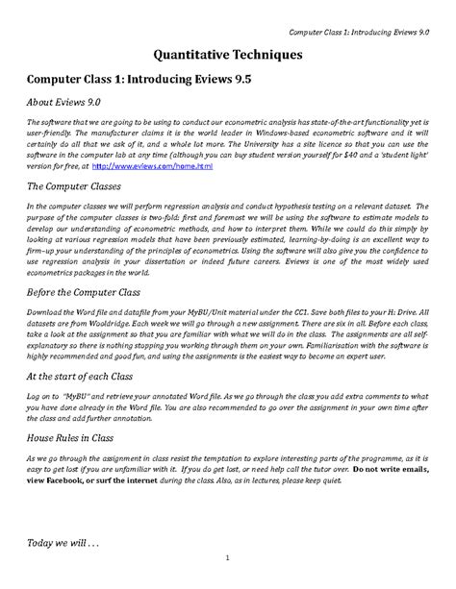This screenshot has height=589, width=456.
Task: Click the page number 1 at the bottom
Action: click(228, 583)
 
